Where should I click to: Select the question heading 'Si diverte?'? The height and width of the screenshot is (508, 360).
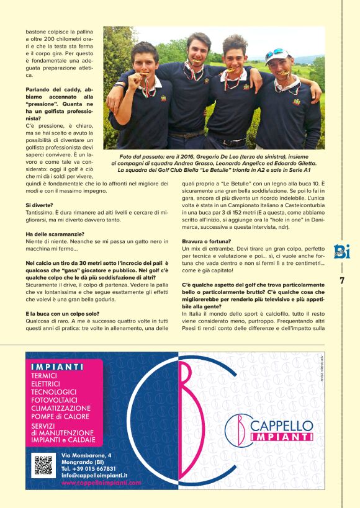[x=39, y=204]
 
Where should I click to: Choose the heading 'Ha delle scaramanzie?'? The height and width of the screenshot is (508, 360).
[x=55, y=233]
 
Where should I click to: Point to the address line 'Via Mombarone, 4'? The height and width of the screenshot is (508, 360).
[x=87, y=456]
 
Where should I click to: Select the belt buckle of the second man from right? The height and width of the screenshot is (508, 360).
[x=233, y=142]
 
